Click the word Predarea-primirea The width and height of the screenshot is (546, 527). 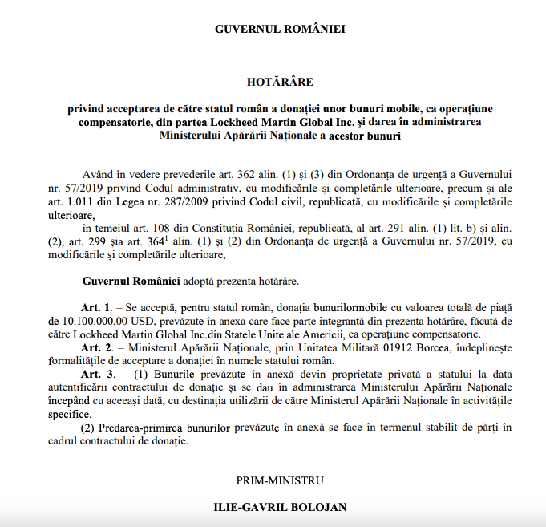click(135, 427)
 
